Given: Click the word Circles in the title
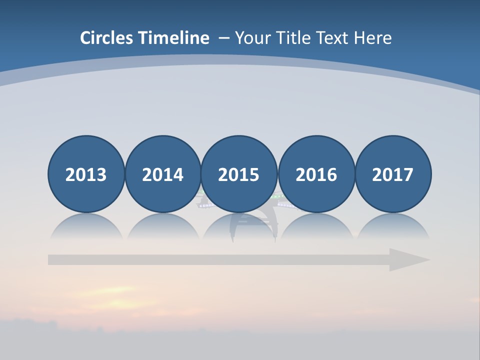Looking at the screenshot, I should click(107, 38).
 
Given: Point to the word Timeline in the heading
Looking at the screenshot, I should click(174, 38).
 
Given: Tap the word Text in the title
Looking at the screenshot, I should click(333, 38).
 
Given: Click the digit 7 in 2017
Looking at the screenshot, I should click(408, 175).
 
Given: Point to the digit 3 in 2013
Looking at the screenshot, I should click(101, 175).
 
